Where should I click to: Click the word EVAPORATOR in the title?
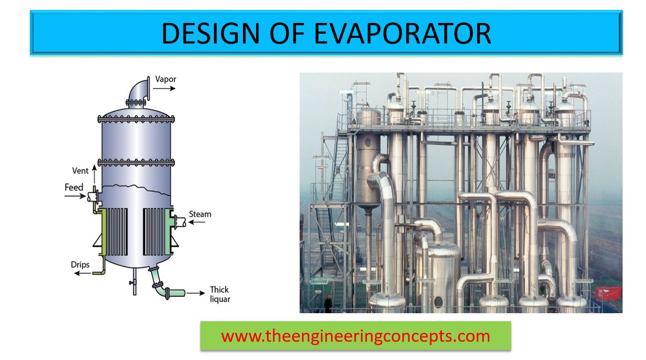click(402, 33)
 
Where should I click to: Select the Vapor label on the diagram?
click(166, 79)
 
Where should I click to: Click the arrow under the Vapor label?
click(164, 88)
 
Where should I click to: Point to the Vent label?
click(80, 171)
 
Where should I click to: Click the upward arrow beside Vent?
click(94, 174)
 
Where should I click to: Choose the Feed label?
click(74, 188)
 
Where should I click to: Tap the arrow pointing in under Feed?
click(75, 197)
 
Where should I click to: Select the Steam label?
click(200, 214)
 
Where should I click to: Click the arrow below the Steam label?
click(197, 222)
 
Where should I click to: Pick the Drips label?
click(80, 265)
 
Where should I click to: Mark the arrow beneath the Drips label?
click(83, 273)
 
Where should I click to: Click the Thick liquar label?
click(220, 294)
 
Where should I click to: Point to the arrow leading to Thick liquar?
click(196, 293)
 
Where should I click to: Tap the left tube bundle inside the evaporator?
click(117, 232)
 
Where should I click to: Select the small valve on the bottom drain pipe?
click(133, 282)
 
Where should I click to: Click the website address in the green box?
click(356, 336)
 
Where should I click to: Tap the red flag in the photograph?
click(609, 294)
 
